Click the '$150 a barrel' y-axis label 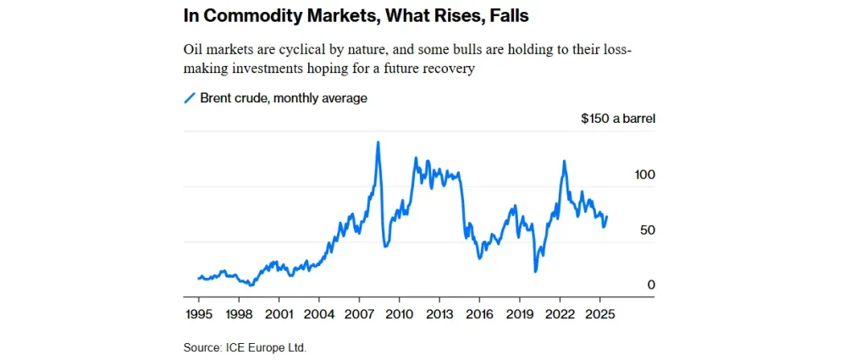pyautogui.click(x=618, y=119)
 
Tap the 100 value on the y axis pyautogui.click(x=645, y=174)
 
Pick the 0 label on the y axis pyautogui.click(x=652, y=285)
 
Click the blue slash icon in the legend pyautogui.click(x=190, y=98)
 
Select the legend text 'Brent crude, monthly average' pyautogui.click(x=284, y=98)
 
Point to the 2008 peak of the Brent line pyautogui.click(x=378, y=142)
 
